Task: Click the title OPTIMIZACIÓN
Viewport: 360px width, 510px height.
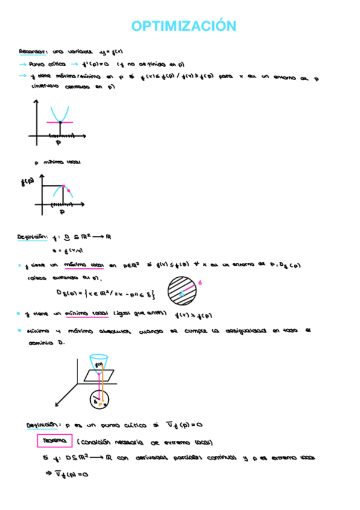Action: point(183,26)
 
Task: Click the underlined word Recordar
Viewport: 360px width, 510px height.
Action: point(30,52)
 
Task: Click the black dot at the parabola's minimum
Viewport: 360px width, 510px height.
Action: point(59,123)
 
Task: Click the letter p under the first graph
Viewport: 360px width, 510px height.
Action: point(58,143)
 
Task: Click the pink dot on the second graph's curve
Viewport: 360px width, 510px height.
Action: point(69,191)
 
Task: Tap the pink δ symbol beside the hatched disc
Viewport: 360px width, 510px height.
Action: point(200,281)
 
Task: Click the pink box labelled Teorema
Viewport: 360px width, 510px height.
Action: point(54,441)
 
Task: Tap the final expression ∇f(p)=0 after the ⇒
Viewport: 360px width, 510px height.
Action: point(72,475)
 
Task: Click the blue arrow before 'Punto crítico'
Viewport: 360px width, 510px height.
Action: point(23,64)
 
